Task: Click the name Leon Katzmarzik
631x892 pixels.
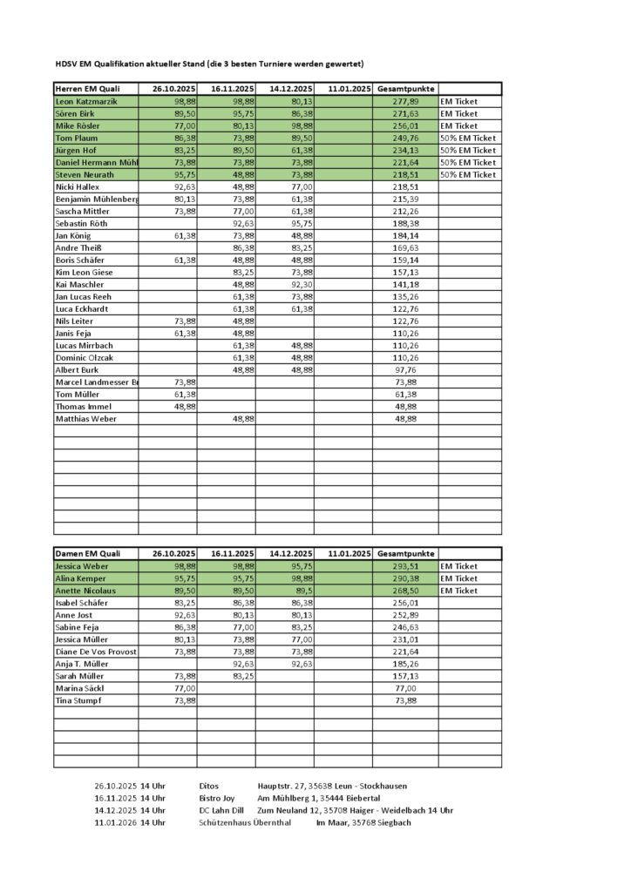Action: (86, 101)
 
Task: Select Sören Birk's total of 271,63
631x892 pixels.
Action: (406, 113)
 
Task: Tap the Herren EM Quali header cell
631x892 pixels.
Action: (87, 89)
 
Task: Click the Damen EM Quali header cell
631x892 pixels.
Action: (87, 554)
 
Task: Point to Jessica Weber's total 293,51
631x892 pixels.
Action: (406, 566)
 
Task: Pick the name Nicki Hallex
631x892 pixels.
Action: (78, 186)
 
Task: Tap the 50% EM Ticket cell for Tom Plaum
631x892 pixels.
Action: (468, 138)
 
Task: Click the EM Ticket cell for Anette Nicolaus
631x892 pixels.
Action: (459, 591)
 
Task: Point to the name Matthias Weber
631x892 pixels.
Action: (86, 418)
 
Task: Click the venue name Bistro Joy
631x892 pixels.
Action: (217, 798)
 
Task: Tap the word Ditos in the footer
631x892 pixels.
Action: (209, 786)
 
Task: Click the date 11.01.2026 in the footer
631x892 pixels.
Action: (115, 822)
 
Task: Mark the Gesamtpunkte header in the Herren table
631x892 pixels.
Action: (406, 89)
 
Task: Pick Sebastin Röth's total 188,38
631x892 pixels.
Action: (406, 223)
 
